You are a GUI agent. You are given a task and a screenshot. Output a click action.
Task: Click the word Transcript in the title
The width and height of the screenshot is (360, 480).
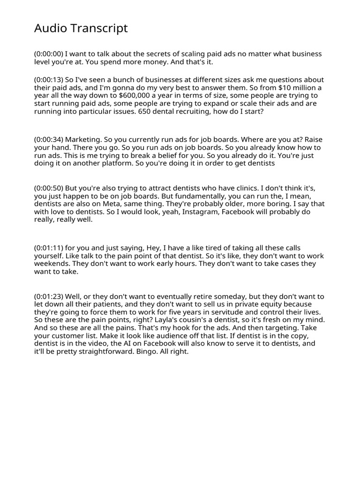pos(100,29)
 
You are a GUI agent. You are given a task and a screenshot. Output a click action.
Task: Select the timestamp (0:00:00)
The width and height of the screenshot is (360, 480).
pos(49,54)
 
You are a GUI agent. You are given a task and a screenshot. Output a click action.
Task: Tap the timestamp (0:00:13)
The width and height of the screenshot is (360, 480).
pos(49,80)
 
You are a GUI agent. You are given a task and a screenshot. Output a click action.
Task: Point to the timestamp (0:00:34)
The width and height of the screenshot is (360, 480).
pos(49,140)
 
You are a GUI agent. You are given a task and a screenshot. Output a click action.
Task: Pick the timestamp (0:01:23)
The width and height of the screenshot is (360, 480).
pos(49,297)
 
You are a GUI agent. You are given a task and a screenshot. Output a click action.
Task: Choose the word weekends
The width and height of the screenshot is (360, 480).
pos(50,264)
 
